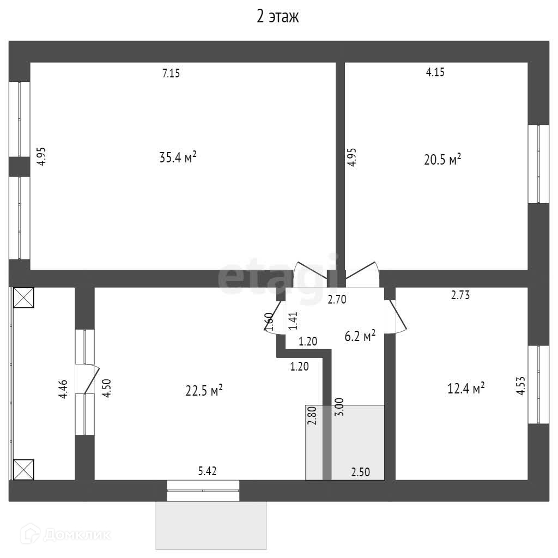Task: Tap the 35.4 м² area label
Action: coord(178,158)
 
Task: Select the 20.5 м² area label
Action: coord(442,159)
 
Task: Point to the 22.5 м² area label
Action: coord(204,391)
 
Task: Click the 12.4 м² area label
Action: coord(466,389)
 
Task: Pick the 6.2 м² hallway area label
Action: coord(360,337)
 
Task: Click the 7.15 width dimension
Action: coord(171,74)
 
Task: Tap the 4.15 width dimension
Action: coord(435,72)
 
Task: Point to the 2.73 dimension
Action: coord(460,295)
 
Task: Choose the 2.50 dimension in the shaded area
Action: coord(360,472)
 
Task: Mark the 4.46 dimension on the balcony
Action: coord(64,389)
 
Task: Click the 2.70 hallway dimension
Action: coord(336,299)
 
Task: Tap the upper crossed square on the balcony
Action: coord(23,298)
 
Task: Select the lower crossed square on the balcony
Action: coord(23,469)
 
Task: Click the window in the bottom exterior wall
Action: coord(203,491)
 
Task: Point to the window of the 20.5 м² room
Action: coord(538,164)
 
